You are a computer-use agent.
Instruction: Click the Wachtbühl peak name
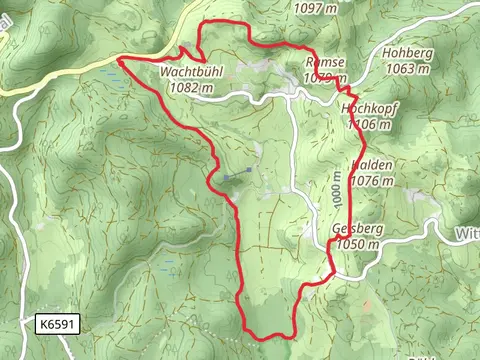point(189,72)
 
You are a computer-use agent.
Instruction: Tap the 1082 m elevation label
point(192,87)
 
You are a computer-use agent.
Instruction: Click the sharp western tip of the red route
point(118,60)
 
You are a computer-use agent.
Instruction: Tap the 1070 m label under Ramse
point(326,76)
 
